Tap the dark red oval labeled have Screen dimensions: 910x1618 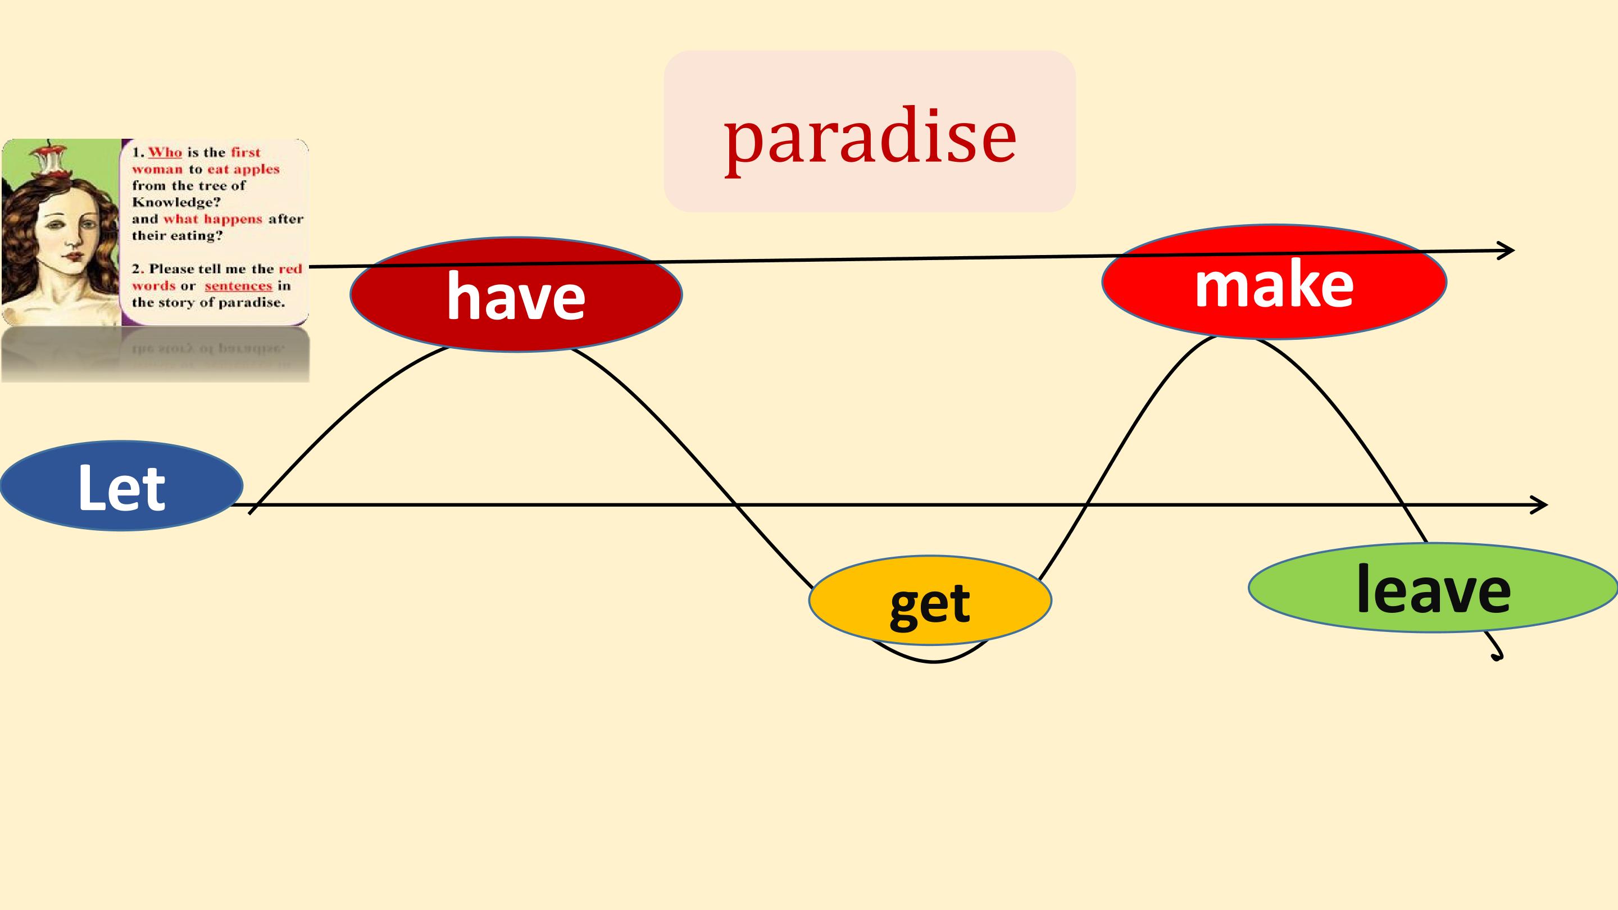(516, 294)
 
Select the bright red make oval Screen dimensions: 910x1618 (1274, 283)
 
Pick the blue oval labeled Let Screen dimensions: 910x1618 (121, 486)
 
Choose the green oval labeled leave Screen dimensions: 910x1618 (1433, 588)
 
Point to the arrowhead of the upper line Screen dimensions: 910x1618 (1507, 251)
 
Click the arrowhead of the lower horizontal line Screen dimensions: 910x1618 (1540, 504)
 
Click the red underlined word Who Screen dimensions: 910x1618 (165, 153)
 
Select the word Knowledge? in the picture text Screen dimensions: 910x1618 (176, 202)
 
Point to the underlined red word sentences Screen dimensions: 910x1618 (238, 286)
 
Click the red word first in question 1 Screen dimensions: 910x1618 (246, 153)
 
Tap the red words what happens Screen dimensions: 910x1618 (212, 219)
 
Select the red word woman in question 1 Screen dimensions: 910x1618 (157, 170)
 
